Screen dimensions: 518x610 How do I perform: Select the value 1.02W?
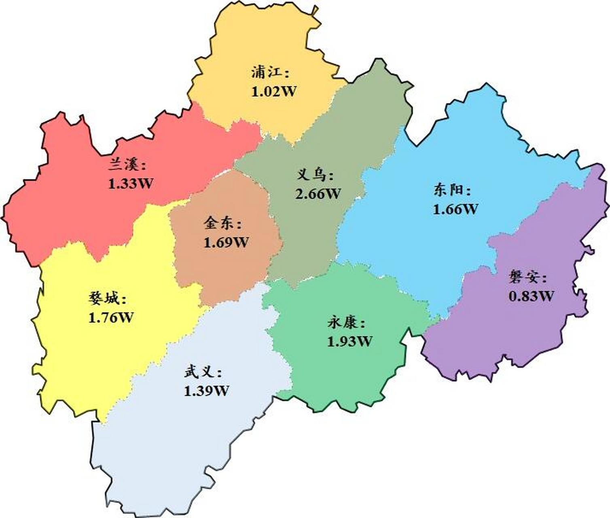click(x=274, y=91)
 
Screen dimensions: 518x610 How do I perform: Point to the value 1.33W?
click(x=131, y=184)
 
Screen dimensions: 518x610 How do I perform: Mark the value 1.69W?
click(x=226, y=242)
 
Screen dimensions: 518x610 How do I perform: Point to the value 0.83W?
click(x=531, y=296)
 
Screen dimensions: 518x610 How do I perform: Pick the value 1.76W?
click(x=110, y=318)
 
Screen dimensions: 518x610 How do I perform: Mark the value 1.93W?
click(x=349, y=342)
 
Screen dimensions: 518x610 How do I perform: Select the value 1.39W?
click(x=206, y=391)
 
